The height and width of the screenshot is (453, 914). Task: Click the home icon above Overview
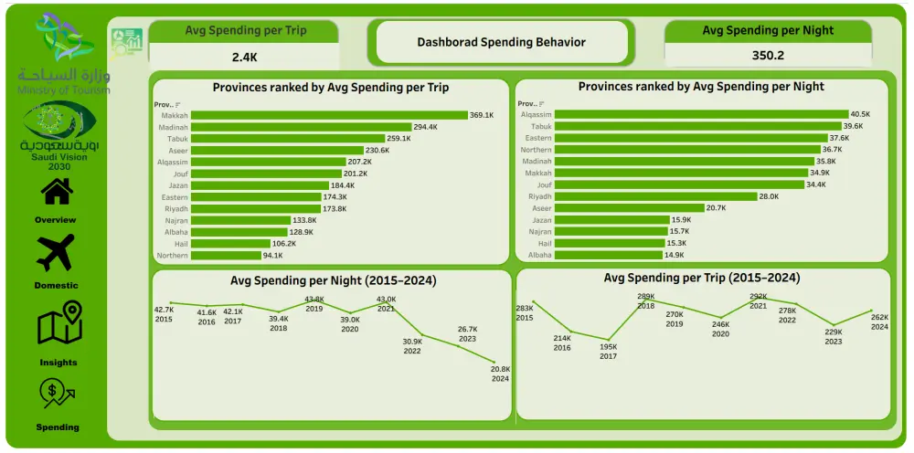[x=57, y=192]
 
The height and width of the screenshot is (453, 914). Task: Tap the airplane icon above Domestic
[x=56, y=253]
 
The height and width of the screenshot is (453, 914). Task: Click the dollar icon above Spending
[x=58, y=394]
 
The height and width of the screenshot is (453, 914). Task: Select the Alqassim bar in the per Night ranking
[x=700, y=115]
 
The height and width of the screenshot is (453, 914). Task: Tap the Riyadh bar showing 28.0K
[x=655, y=196]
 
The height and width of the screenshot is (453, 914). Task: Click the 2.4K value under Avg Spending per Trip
[x=245, y=57]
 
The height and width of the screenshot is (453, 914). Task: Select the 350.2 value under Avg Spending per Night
[x=768, y=55]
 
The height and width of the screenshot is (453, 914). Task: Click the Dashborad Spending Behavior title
[x=501, y=42]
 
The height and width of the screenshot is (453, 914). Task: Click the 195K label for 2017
[x=608, y=351]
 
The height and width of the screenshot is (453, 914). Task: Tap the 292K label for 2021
[x=758, y=300]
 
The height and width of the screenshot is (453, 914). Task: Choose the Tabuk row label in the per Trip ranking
[x=177, y=139]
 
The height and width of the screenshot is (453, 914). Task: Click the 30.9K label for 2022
[x=412, y=345]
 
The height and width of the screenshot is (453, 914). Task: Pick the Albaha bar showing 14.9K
[x=609, y=255]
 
